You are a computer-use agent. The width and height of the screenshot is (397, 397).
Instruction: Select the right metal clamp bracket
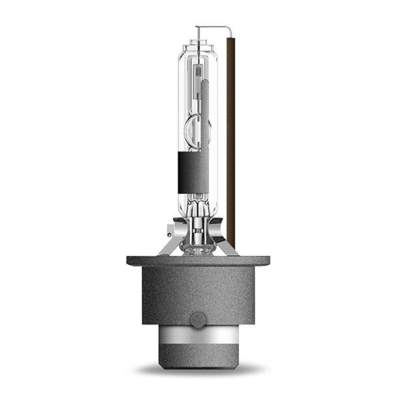[x=225, y=244]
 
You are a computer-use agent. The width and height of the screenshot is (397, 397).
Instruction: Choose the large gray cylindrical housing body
[x=198, y=293]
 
